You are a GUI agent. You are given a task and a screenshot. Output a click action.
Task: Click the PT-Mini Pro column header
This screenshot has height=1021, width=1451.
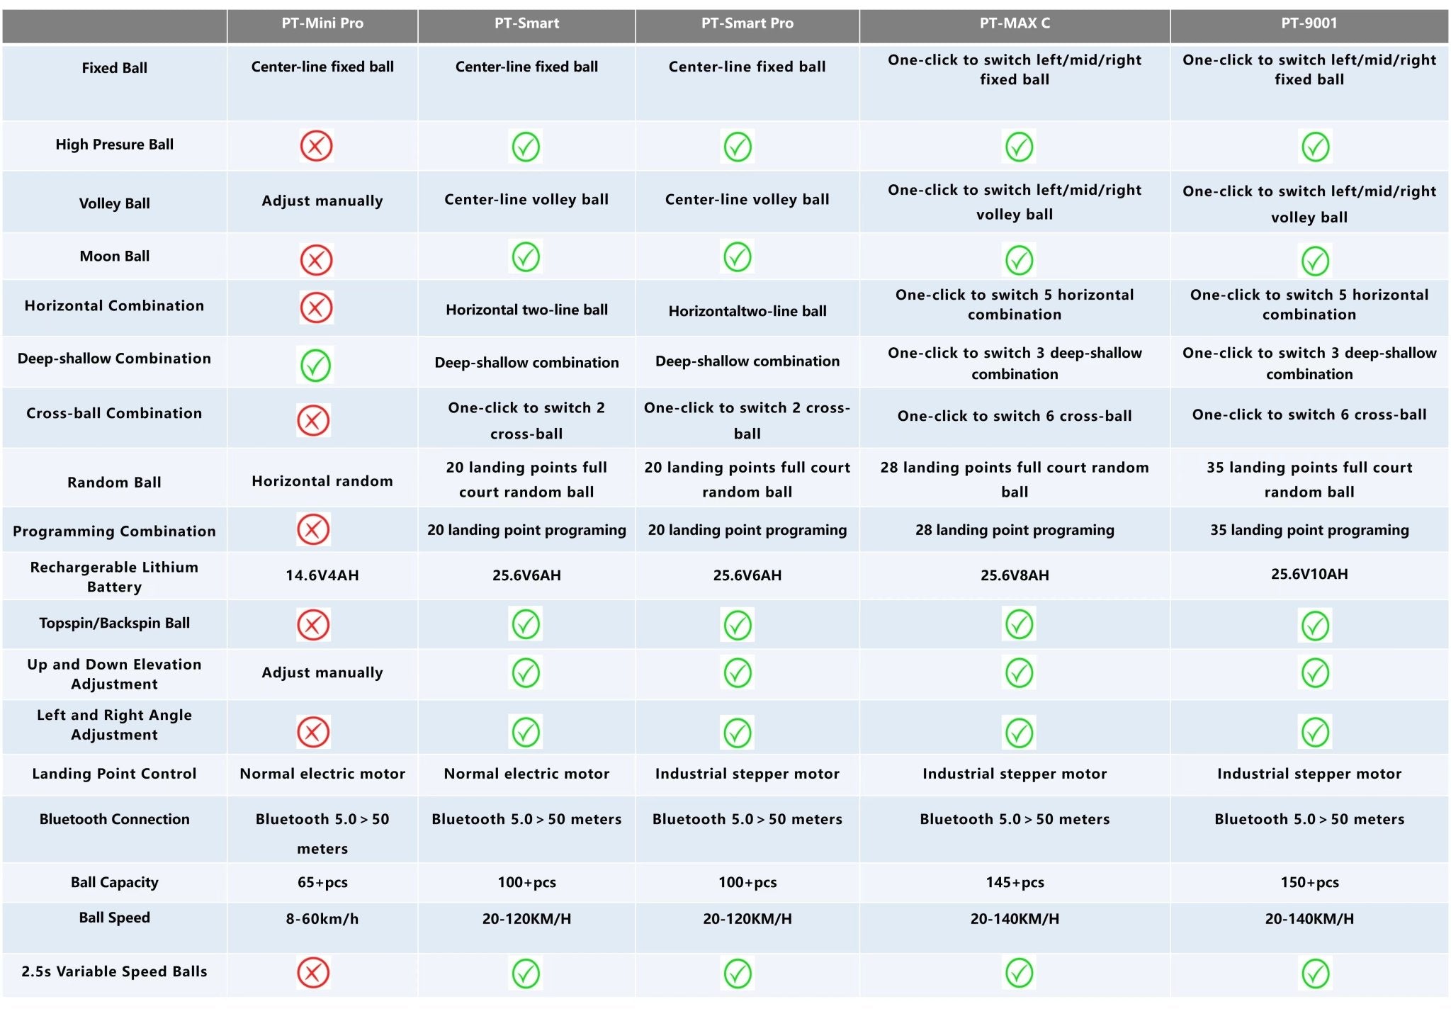click(322, 23)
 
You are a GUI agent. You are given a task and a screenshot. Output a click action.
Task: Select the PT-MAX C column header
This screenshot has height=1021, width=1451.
click(1015, 23)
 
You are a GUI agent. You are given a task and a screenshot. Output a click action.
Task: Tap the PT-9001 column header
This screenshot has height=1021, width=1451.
click(1309, 23)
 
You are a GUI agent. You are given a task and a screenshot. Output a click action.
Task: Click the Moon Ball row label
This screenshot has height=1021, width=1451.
click(114, 256)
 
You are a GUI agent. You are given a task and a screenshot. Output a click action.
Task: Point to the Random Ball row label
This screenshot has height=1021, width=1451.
click(114, 483)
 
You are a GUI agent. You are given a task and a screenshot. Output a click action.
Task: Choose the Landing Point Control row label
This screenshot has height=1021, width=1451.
click(114, 774)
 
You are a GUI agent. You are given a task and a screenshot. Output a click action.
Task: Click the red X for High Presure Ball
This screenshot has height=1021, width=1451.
click(316, 146)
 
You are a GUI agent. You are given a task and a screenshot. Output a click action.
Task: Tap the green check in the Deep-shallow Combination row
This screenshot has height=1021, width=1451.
click(315, 366)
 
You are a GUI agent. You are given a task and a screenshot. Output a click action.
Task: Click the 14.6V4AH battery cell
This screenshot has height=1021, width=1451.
click(322, 575)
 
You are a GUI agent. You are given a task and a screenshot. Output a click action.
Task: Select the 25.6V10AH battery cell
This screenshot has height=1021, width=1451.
click(1309, 574)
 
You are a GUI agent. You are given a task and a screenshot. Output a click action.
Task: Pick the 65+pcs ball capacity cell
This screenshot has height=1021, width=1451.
click(322, 882)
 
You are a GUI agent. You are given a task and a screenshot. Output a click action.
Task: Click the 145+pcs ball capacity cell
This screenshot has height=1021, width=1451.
click(1015, 882)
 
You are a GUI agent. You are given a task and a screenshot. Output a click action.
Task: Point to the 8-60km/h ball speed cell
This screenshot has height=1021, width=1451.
click(322, 919)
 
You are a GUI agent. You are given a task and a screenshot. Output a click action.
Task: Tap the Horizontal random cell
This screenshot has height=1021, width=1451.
click(322, 481)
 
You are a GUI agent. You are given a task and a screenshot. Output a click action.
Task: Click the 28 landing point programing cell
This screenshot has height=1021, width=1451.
click(1015, 530)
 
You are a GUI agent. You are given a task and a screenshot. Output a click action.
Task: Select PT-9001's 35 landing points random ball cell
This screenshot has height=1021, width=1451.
click(1309, 480)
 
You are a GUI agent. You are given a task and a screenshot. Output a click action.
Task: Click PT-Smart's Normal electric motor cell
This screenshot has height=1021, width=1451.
click(526, 774)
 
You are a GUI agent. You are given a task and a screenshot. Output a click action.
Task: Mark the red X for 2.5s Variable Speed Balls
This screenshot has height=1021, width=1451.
click(313, 973)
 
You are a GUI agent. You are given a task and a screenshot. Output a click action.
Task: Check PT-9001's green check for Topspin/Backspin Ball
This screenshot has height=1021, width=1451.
click(1315, 626)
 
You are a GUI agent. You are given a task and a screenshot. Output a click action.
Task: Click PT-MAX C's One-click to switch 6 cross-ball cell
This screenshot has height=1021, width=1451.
click(1015, 416)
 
